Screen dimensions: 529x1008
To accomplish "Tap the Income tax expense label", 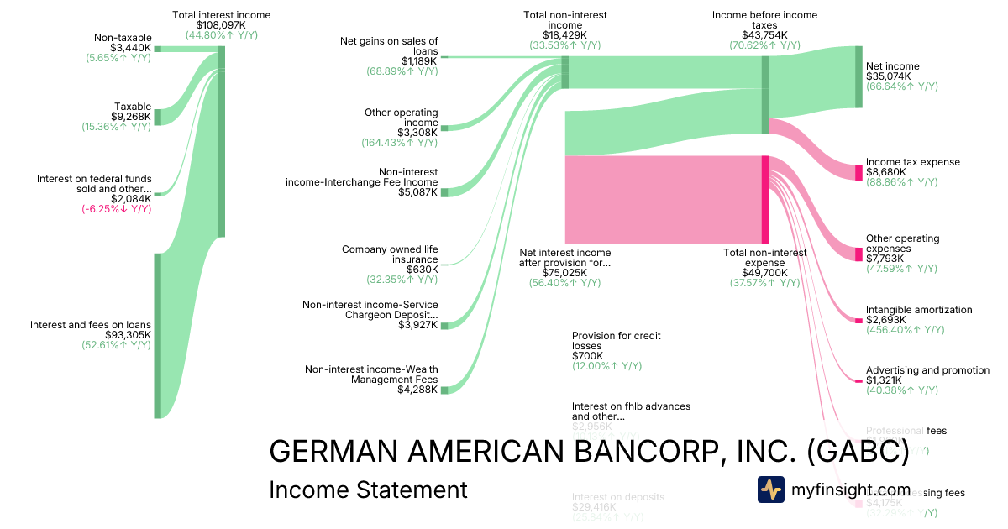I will coord(912,162).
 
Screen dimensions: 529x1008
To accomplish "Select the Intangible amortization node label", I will coord(919,310).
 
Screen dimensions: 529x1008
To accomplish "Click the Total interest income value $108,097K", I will coord(222,25).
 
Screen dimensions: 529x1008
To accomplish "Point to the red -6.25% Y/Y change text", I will coord(118,209).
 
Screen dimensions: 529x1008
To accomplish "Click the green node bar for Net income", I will coord(858,77).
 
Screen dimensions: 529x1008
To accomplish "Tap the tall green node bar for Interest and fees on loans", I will coord(157,335).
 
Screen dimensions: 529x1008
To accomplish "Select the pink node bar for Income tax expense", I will coord(858,172).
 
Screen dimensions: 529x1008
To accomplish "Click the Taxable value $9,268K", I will coord(131,117).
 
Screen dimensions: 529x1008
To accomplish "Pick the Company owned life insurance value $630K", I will coord(422,270).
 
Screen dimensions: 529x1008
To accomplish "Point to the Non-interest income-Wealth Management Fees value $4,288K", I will coord(418,389).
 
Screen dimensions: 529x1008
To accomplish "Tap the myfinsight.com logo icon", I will coord(771,490).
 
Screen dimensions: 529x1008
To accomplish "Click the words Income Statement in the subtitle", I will coord(368,490).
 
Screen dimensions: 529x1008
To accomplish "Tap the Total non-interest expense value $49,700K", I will coord(764,273).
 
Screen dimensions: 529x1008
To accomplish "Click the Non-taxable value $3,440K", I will coord(130,48).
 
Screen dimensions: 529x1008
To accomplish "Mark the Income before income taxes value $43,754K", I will coord(764,35).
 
